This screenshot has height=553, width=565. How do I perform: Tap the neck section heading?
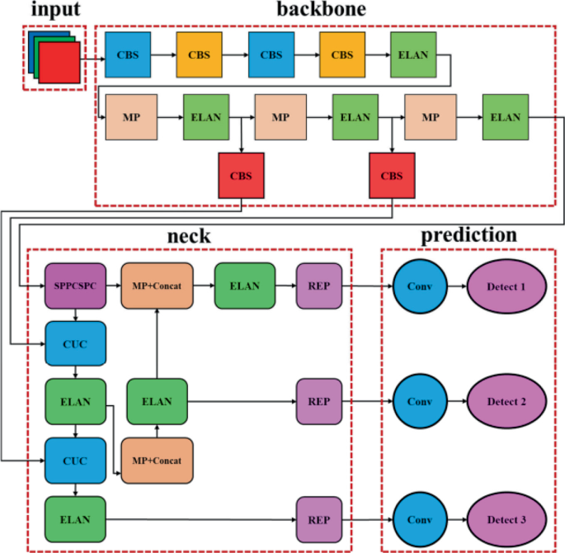(x=189, y=237)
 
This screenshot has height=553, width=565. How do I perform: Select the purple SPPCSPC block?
(x=75, y=286)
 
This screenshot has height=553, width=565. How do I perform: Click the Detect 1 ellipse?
(x=506, y=286)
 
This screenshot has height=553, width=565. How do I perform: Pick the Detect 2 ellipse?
(x=506, y=402)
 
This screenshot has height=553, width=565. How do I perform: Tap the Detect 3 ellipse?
(x=506, y=519)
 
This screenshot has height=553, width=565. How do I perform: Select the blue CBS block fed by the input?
(x=128, y=54)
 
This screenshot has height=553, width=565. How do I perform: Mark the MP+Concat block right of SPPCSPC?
(x=157, y=286)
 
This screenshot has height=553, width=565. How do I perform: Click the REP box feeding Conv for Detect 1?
(x=318, y=286)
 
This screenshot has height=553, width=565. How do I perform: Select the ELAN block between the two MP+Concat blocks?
(x=157, y=402)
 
